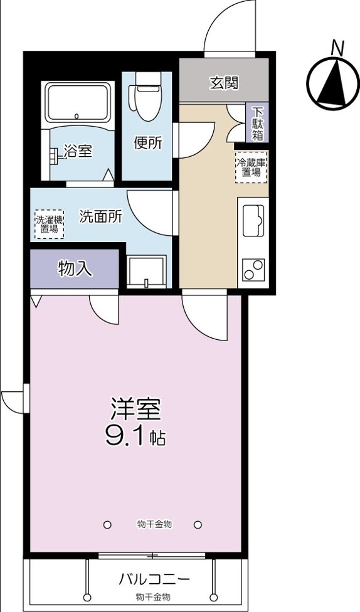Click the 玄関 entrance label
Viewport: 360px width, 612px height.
224,83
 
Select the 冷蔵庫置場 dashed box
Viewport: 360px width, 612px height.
251,167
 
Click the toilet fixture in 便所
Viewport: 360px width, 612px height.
147,95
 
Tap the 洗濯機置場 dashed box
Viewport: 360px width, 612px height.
50,224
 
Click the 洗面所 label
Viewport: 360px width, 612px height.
101,217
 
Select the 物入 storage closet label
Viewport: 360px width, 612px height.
75,269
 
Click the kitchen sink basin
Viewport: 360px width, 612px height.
253,221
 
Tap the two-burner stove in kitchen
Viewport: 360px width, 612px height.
253,270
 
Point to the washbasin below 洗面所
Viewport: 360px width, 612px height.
147,272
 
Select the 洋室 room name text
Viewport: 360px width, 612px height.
135,409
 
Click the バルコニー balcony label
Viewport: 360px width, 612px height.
154,579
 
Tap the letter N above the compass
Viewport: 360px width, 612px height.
337,48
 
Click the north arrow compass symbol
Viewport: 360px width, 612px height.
332,84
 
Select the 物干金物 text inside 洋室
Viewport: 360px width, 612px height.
155,525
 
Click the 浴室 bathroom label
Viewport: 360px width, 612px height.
78,151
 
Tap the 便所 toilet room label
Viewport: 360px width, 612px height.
147,143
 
